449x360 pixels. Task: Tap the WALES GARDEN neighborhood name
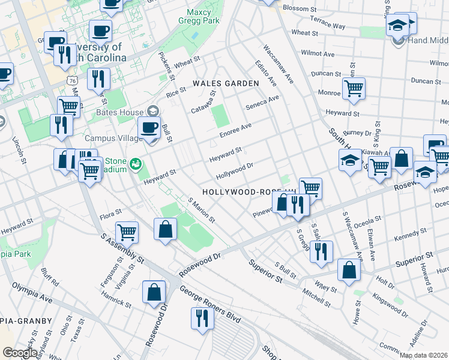[x=225, y=83]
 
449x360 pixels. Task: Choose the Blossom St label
[x=299, y=9]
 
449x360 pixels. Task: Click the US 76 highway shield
[x=72, y=80]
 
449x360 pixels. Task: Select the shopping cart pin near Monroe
[x=354, y=88]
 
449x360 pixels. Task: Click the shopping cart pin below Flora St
[x=127, y=232]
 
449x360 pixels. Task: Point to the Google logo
[x=20, y=353]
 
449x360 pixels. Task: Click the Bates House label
[x=120, y=112]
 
